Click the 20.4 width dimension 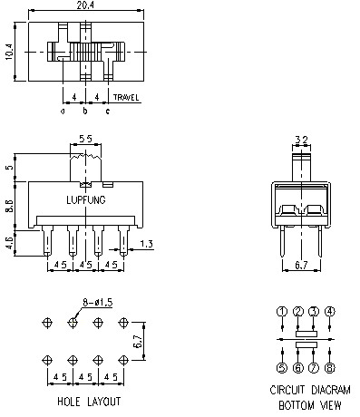click(85, 5)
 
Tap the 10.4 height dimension click(9, 52)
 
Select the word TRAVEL click(126, 97)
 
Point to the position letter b click(85, 111)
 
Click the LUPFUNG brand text click(86, 200)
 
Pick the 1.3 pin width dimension click(147, 244)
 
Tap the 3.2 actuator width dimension click(301, 140)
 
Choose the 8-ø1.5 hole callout click(98, 302)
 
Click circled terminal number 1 click(282, 312)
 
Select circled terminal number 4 click(329, 312)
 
